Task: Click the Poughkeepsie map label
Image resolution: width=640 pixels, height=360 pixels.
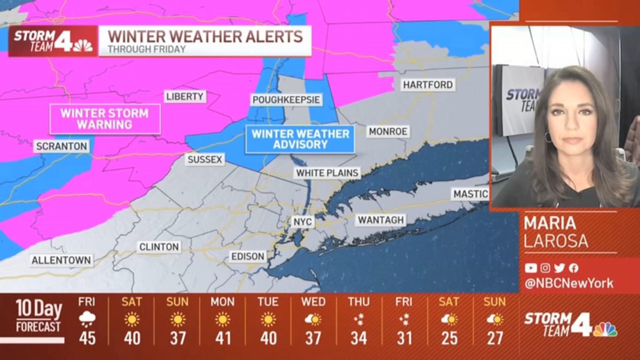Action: [x=286, y=100]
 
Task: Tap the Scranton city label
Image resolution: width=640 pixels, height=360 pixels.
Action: [x=61, y=146]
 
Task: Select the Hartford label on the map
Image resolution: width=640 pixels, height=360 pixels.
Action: [x=428, y=85]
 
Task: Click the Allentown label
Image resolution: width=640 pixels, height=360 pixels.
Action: [x=62, y=261]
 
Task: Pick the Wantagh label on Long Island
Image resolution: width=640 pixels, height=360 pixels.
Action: [x=381, y=220]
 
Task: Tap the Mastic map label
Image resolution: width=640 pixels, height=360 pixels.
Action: [x=470, y=194]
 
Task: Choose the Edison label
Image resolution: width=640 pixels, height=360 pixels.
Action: [x=247, y=257]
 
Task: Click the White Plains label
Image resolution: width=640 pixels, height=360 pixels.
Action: [x=327, y=173]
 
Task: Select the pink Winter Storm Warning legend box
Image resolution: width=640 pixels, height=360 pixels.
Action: [x=105, y=119]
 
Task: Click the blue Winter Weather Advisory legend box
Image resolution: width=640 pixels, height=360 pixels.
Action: [x=300, y=139]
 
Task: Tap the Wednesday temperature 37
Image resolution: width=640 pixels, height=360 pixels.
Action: [x=313, y=338]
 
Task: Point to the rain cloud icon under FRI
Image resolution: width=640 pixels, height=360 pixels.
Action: [x=87, y=319]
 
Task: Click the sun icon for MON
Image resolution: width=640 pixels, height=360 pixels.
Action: [x=222, y=319]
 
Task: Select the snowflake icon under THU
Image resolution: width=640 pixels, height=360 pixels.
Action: [x=358, y=319]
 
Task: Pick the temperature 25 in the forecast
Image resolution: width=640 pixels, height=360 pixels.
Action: [x=449, y=338]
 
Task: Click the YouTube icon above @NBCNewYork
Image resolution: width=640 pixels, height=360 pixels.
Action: [x=531, y=268]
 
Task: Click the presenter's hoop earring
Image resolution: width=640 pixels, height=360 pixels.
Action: [x=548, y=137]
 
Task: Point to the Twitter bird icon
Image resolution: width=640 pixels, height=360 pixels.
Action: [x=559, y=268]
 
